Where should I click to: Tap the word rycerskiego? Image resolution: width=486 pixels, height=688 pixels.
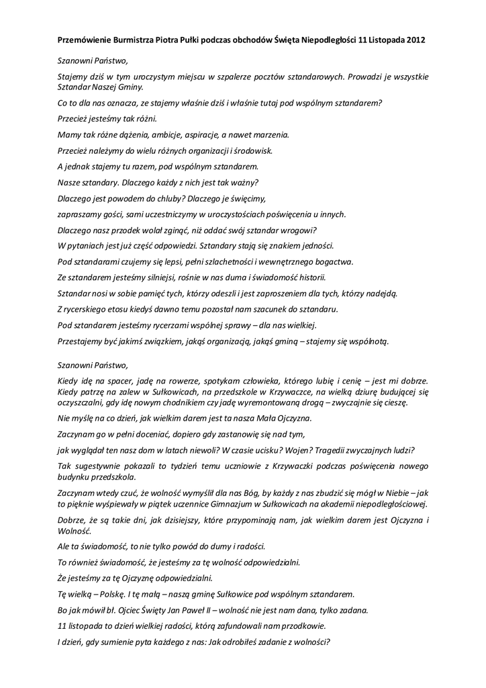tap(86, 309)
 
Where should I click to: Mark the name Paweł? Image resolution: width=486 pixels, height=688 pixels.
tap(203, 610)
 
